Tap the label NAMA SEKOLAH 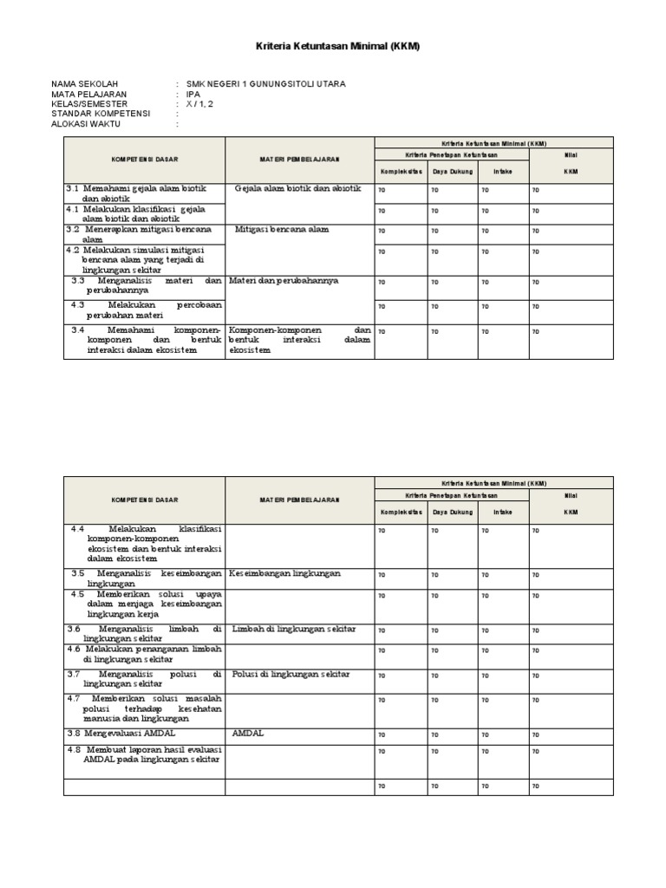pos(85,84)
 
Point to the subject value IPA pos(193,94)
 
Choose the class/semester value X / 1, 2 pos(199,104)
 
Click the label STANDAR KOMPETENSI pos(101,114)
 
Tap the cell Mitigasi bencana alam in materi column pos(282,231)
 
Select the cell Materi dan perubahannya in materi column pos(284,281)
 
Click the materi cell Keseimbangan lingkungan pos(285,573)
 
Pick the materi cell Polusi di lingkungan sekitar pos(291,674)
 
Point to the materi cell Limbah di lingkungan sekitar pos(295,628)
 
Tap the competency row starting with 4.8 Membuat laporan pos(145,754)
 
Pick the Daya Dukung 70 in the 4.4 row pos(434,530)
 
